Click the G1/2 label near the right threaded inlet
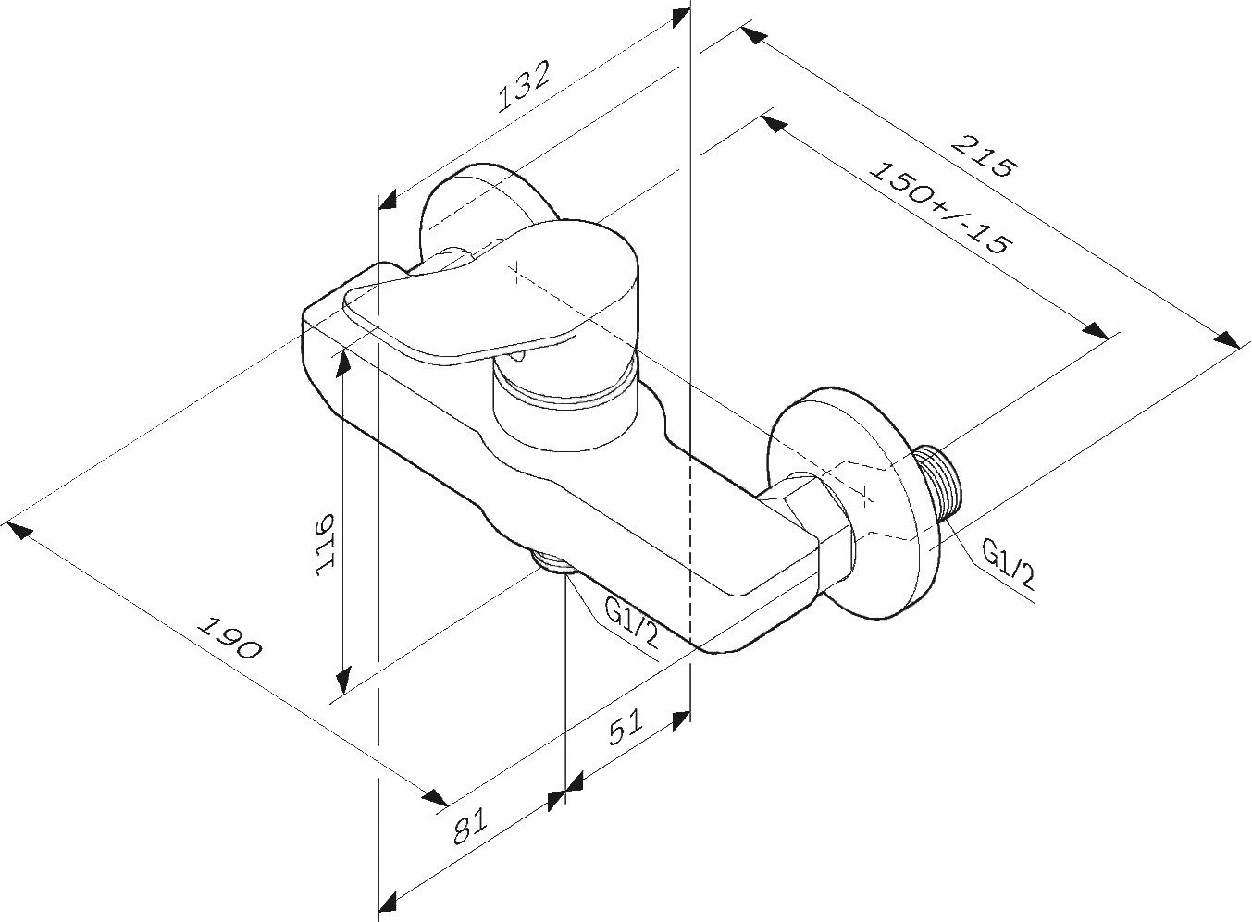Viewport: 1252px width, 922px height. point(1009,567)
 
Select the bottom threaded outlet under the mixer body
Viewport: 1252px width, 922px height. point(553,564)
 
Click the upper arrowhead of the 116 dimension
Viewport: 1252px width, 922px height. point(343,363)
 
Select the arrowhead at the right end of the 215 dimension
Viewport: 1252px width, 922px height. point(1227,339)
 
